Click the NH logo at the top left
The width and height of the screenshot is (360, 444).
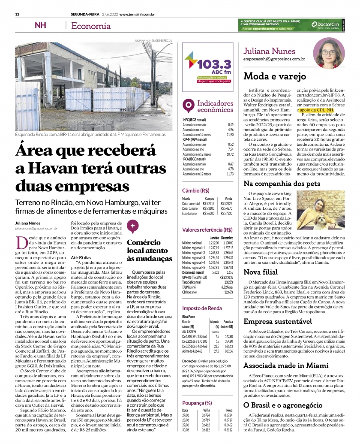pyautogui.click(x=40, y=25)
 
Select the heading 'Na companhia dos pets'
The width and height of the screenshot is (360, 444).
pyautogui.click(x=282, y=184)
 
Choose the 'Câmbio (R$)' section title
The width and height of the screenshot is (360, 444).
pyautogui.click(x=196, y=190)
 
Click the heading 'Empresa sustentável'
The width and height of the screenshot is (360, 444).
pyautogui.click(x=277, y=321)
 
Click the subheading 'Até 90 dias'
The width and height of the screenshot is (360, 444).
pyautogui.click(x=81, y=257)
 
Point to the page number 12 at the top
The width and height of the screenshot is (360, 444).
pyautogui.click(x=18, y=14)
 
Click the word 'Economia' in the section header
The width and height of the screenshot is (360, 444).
pyautogui.click(x=91, y=26)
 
